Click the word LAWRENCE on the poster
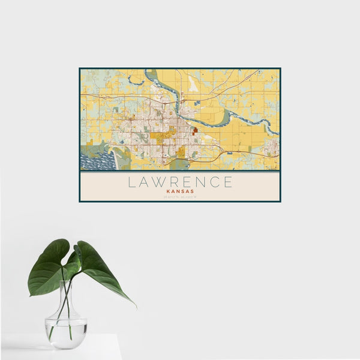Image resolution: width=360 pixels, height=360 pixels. click(x=180, y=182)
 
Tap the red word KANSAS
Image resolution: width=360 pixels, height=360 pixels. click(x=180, y=191)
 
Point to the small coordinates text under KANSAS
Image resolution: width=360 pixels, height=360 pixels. click(x=180, y=197)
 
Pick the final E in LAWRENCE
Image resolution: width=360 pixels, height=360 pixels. click(x=228, y=182)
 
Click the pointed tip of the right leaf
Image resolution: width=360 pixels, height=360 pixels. click(x=135, y=306)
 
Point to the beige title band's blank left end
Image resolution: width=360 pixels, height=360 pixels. click(x=96, y=186)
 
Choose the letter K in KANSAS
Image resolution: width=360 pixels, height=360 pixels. click(x=168, y=191)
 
